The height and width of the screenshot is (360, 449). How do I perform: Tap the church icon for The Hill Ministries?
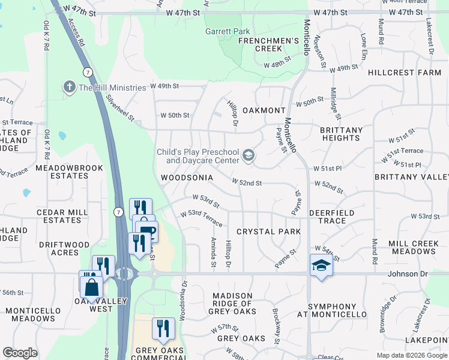tap(70, 87)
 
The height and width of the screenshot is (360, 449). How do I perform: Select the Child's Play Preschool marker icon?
tap(248, 157)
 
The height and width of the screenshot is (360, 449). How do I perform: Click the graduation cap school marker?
tap(321, 265)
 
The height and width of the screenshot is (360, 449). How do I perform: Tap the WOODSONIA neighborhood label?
tap(187, 178)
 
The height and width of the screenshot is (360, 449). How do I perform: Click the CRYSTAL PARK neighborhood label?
tap(268, 232)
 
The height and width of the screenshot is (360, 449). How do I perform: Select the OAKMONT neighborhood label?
tap(264, 110)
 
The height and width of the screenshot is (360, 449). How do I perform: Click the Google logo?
tap(20, 353)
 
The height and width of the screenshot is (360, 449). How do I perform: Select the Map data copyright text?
tap(412, 355)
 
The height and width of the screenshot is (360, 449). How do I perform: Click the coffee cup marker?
tap(146, 230)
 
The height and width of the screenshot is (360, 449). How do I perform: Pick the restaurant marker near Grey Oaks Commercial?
tap(163, 328)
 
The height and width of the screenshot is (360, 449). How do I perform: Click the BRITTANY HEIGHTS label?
tap(340, 134)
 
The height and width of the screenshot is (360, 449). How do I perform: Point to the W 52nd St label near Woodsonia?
tap(247, 181)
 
